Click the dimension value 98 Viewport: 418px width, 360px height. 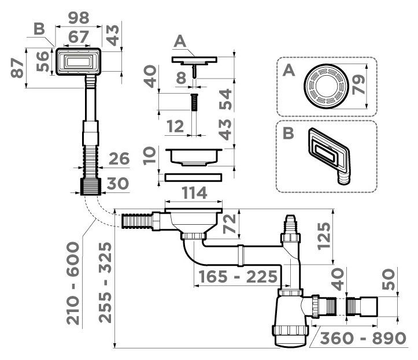pyautogui.click(x=79, y=18)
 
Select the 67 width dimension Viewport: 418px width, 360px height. pyautogui.click(x=79, y=37)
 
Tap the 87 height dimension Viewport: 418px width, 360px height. pyautogui.click(x=17, y=68)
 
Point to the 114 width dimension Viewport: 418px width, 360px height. pyautogui.click(x=194, y=193)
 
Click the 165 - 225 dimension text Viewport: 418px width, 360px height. pyautogui.click(x=238, y=277)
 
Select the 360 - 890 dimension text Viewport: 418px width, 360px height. pyautogui.click(x=363, y=339)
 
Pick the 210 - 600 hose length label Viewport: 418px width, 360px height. pyautogui.click(x=73, y=283)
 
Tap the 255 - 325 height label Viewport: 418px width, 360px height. pyautogui.click(x=105, y=283)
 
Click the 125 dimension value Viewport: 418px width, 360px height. pyautogui.click(x=324, y=236)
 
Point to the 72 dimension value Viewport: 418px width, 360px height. pyautogui.click(x=230, y=224)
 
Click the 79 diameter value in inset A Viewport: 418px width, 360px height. pyautogui.click(x=358, y=85)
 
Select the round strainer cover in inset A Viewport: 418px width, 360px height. pyautogui.click(x=326, y=86)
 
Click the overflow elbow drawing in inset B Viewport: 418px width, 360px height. pyautogui.click(x=330, y=155)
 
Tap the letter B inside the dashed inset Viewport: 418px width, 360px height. pyautogui.click(x=288, y=133)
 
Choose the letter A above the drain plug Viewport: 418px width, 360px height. pyautogui.click(x=180, y=42)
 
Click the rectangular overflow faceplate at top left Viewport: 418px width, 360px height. pyautogui.click(x=79, y=62)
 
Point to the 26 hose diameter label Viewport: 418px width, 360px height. pyautogui.click(x=119, y=159)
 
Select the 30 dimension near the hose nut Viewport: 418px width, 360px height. pyautogui.click(x=117, y=184)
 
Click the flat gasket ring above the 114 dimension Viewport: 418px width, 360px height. pyautogui.click(x=193, y=177)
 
